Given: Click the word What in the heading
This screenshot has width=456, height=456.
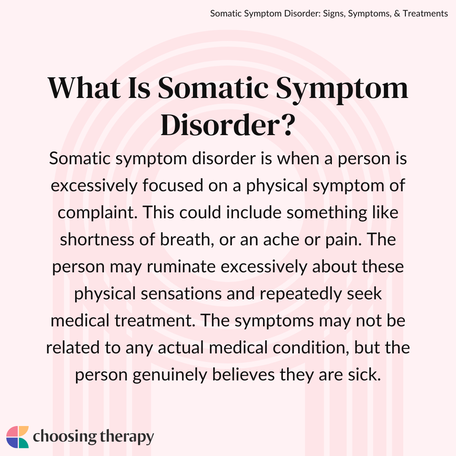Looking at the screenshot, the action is [84, 88].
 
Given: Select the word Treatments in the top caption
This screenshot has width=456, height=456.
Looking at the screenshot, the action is [425, 14].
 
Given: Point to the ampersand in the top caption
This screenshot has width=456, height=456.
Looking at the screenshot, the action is [397, 14].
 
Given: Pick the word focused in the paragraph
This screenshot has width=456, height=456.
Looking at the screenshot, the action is [173, 185].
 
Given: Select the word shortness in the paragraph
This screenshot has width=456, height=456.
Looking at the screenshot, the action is [97, 239].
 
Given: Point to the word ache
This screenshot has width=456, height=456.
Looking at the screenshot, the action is [281, 240].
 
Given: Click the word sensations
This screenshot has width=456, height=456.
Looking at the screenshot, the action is [181, 293].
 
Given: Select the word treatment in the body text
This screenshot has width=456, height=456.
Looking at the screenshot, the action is [155, 320].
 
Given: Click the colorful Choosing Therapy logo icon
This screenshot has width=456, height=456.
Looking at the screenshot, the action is [17, 437].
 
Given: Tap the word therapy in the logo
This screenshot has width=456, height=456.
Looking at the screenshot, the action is [127, 437].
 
